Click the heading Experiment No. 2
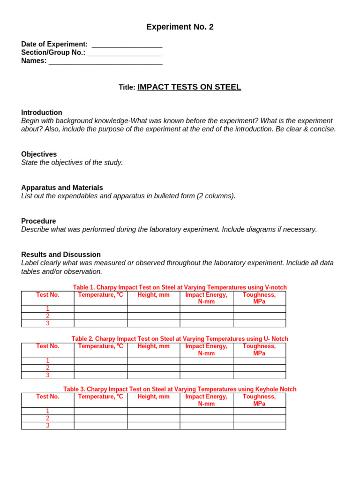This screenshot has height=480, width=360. coord(180,27)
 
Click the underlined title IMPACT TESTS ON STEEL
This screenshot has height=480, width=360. coord(189,87)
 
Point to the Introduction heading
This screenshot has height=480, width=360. coord(42,112)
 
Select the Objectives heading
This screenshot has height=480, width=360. coord(39,154)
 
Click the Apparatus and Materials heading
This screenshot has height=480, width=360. coord(62,187)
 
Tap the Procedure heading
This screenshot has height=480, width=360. coord(38,221)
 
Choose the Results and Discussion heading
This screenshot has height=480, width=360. coord(61,255)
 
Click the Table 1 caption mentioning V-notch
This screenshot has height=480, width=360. coord(180,287)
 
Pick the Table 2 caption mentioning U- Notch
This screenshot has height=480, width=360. coord(180,338)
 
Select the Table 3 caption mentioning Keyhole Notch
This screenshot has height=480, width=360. coord(180,389)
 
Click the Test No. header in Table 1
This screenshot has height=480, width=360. coord(48,295)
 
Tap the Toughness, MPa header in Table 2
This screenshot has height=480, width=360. coord(259,350)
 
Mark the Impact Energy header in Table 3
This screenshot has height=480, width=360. coord(206,400)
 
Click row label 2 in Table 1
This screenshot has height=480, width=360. coord(48,316)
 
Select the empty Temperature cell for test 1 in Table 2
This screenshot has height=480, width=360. coord(100,360)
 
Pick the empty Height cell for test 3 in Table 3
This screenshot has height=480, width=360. coord(153,426)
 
